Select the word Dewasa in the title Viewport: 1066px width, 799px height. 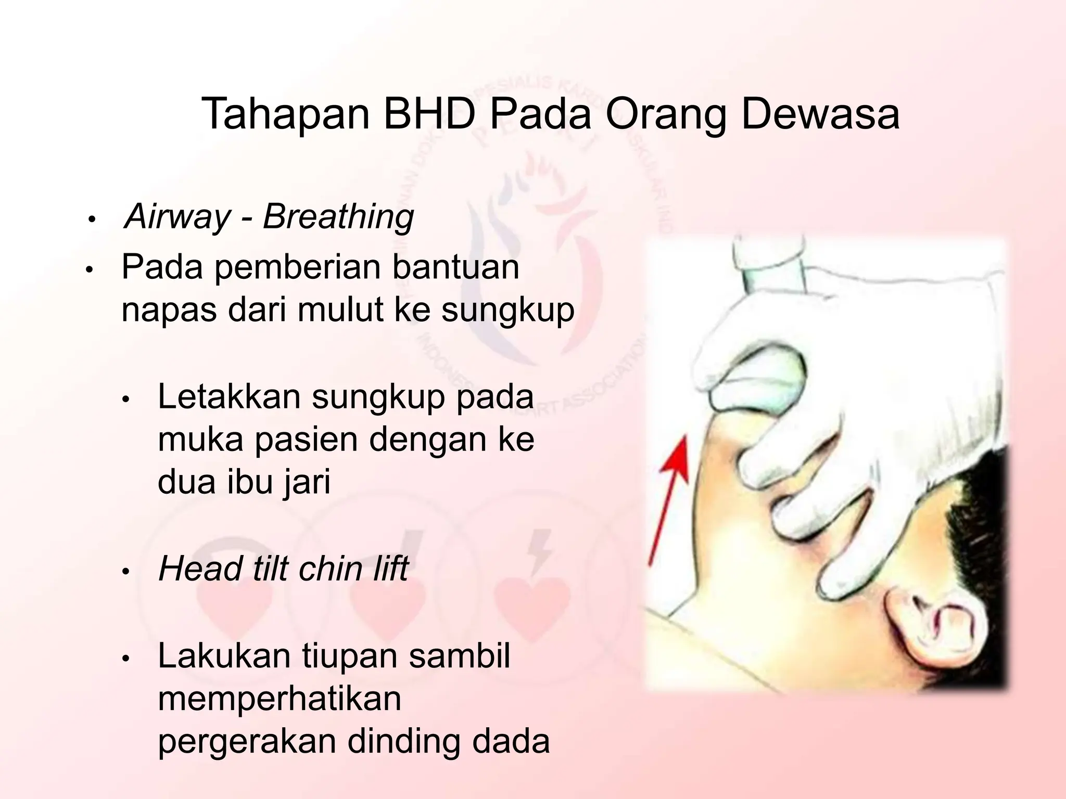(x=820, y=114)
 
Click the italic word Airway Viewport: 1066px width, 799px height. (x=177, y=216)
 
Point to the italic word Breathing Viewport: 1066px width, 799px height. (x=338, y=216)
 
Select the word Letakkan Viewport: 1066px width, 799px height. (x=229, y=396)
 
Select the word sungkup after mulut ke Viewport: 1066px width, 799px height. (x=507, y=311)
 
